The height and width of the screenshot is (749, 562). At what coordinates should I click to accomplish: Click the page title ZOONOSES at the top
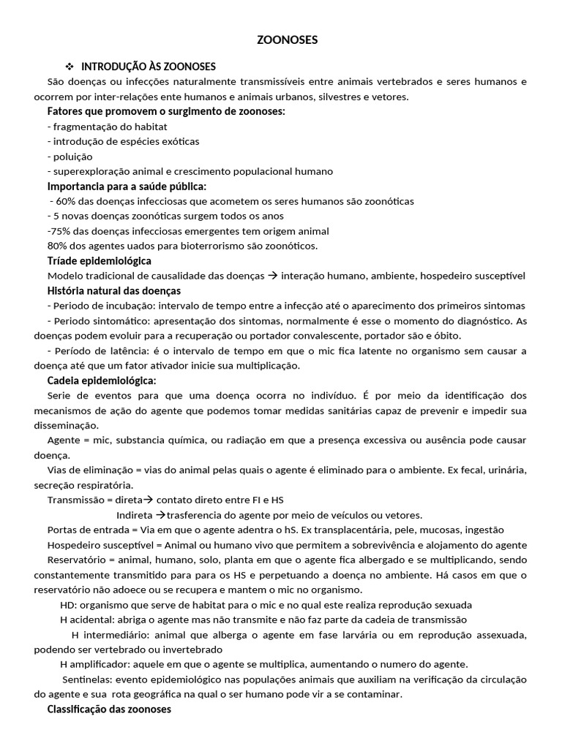point(288,40)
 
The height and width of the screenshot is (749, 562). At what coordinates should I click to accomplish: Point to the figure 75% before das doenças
point(60,230)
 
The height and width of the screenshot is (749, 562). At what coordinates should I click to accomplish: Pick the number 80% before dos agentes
point(57,246)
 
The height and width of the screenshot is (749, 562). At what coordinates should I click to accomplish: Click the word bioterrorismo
point(217,246)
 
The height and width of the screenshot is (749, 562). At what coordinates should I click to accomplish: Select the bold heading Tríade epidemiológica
point(99,260)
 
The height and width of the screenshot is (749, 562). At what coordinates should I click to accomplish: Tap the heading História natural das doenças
point(113,291)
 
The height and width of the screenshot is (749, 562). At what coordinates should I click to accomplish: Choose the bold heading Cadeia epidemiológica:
point(102,380)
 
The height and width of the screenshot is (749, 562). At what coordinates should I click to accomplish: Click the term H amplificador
point(94,664)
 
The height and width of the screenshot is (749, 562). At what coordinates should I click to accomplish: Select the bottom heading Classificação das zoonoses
point(109,710)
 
